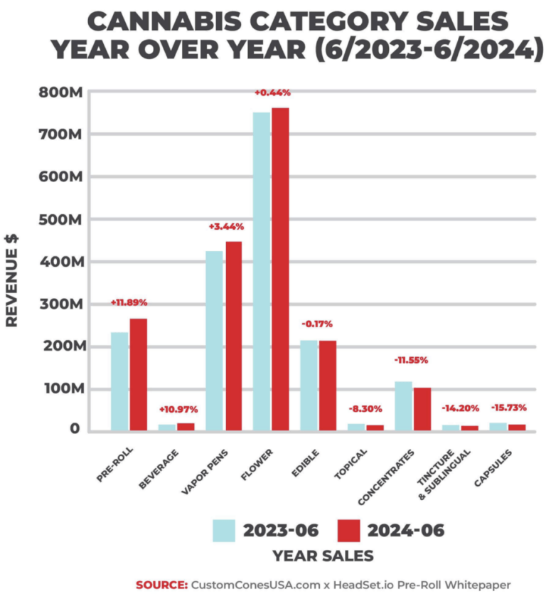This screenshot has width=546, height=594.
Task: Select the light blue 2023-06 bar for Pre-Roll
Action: pyautogui.click(x=119, y=381)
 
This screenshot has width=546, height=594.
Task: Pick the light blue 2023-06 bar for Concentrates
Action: pyautogui.click(x=403, y=405)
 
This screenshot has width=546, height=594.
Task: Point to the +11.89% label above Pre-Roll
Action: pyautogui.click(x=129, y=303)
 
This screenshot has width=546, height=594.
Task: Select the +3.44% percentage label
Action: pyautogui.click(x=226, y=226)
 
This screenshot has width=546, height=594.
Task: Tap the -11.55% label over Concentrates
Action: pyautogui.click(x=411, y=360)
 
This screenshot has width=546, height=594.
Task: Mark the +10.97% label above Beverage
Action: pyautogui.click(x=178, y=410)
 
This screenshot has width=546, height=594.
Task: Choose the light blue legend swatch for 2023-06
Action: pyautogui.click(x=223, y=530)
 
